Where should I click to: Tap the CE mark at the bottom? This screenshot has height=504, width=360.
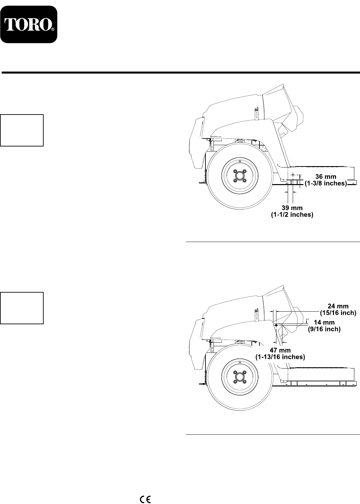(x=146, y=490)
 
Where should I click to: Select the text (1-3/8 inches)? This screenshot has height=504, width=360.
(x=326, y=183)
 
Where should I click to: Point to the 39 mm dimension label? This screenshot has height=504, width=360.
(x=292, y=208)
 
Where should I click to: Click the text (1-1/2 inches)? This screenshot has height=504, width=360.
(x=292, y=215)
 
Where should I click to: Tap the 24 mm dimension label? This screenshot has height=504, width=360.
(x=338, y=306)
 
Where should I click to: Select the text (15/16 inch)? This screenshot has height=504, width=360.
(x=338, y=313)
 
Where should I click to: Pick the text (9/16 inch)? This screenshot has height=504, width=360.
(x=324, y=329)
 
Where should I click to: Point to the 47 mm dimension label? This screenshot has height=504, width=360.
(x=280, y=350)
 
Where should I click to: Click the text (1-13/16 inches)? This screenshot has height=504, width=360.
(x=280, y=357)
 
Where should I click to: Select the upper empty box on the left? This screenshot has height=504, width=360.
(x=22, y=130)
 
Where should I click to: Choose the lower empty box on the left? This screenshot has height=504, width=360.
(x=22, y=308)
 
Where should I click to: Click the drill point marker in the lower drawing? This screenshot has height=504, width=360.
(x=276, y=325)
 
